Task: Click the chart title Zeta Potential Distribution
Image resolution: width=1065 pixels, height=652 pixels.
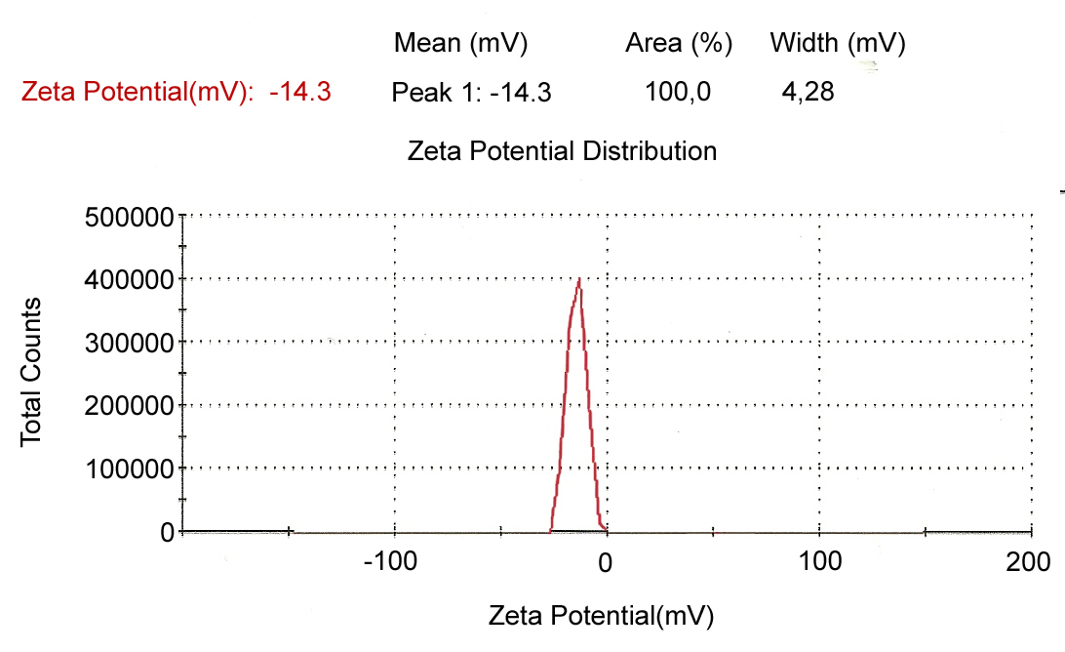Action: [562, 151]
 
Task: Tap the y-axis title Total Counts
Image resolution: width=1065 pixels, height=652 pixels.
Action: [31, 371]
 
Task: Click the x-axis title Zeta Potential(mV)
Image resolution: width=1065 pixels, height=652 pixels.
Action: [601, 616]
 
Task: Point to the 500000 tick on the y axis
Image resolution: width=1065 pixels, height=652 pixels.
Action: [130, 217]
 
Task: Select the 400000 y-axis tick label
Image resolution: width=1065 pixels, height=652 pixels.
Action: [130, 280]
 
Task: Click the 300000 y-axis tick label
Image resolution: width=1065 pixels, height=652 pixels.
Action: [130, 343]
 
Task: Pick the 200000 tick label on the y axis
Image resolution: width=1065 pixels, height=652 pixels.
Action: [130, 406]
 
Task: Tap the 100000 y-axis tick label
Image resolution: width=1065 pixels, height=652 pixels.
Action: [130, 469]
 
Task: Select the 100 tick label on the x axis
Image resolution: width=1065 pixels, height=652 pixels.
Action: [819, 563]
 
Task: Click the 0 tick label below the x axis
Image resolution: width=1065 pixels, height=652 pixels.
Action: [606, 563]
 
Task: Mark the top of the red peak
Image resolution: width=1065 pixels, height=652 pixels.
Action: [579, 280]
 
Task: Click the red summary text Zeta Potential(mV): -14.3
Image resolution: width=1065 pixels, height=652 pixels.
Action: [177, 93]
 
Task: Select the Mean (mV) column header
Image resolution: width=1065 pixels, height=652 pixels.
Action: [460, 44]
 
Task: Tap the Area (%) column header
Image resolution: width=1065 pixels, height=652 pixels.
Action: [679, 44]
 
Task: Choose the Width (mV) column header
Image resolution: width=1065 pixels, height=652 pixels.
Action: [838, 44]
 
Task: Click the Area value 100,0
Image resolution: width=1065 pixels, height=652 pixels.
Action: [679, 93]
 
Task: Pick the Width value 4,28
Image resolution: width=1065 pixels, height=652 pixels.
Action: [809, 93]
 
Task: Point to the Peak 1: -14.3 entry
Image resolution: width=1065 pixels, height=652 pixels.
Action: [472, 93]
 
